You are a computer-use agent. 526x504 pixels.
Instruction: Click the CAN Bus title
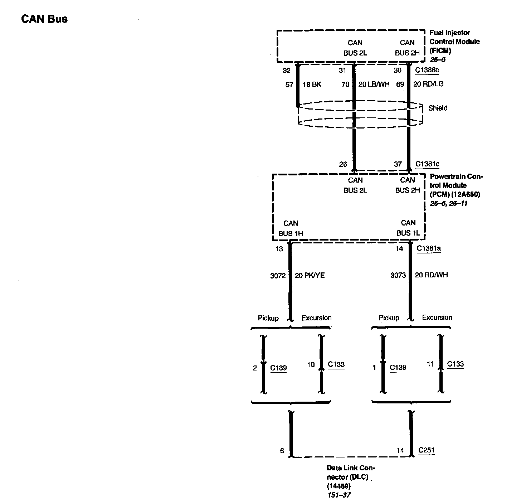tap(44, 19)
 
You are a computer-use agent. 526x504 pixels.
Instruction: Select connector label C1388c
tap(427, 70)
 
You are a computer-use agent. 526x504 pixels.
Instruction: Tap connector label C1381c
tap(427, 164)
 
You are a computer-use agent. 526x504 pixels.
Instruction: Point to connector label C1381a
tap(429, 248)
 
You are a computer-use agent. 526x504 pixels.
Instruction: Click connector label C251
tap(426, 450)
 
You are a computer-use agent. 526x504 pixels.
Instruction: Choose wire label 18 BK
tap(312, 84)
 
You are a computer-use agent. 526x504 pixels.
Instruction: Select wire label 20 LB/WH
tap(374, 84)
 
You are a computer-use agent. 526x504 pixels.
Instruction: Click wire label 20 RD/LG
tap(428, 84)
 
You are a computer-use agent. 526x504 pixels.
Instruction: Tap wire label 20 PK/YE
tap(310, 275)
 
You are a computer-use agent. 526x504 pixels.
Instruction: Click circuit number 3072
tap(278, 276)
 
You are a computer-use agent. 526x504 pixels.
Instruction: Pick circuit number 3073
tap(398, 275)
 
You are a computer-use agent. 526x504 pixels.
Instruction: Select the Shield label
tap(438, 108)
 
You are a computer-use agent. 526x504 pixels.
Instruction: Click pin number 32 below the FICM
tap(287, 71)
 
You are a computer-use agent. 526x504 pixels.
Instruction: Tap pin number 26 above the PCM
tap(343, 164)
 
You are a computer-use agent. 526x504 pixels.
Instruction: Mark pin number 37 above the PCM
tap(398, 164)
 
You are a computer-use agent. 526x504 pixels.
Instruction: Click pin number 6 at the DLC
tap(282, 451)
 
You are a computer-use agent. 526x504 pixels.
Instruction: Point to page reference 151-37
tap(339, 495)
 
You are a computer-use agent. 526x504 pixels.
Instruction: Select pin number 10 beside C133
tap(311, 364)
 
